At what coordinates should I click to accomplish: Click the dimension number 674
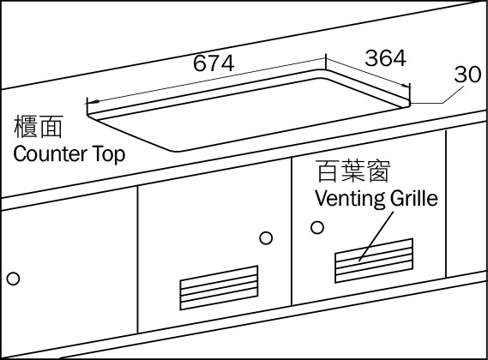pyautogui.click(x=214, y=63)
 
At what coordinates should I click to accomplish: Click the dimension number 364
pyautogui.click(x=386, y=58)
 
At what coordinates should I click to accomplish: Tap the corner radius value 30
pyautogui.click(x=467, y=75)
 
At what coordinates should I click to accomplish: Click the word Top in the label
pyautogui.click(x=109, y=154)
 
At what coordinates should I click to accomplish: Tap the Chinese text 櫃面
pyautogui.click(x=39, y=126)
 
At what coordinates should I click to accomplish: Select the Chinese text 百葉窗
pyautogui.click(x=352, y=171)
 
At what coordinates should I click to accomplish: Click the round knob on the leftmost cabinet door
pyautogui.click(x=13, y=279)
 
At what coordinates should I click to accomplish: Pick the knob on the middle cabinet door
pyautogui.click(x=266, y=238)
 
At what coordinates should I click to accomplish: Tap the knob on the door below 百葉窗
pyautogui.click(x=317, y=228)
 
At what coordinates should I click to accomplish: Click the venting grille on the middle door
pyautogui.click(x=219, y=288)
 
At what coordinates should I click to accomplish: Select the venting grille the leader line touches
pyautogui.click(x=374, y=261)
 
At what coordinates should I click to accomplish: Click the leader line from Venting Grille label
pyautogui.click(x=377, y=237)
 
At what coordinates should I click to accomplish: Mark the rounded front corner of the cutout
pyautogui.click(x=174, y=151)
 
